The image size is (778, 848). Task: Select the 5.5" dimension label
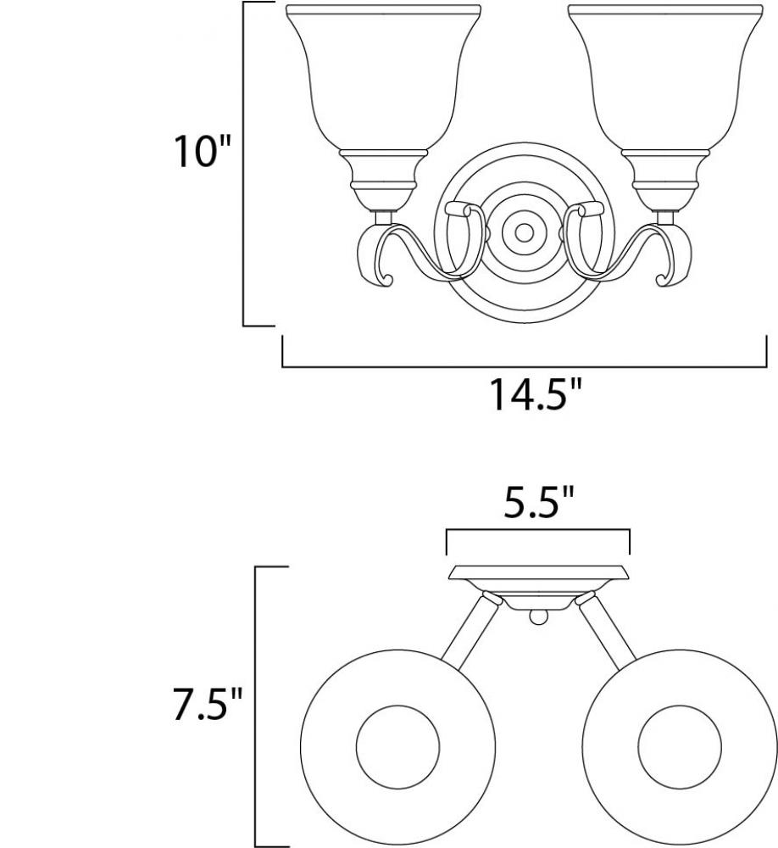tap(537, 502)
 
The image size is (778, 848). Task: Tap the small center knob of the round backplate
tap(523, 233)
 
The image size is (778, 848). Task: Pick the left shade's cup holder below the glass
tap(383, 181)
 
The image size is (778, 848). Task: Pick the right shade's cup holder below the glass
tap(665, 181)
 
